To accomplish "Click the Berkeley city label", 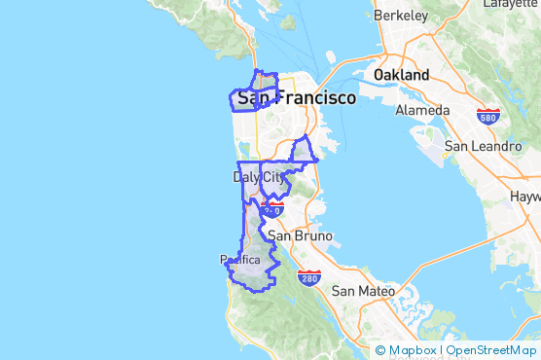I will (401, 16).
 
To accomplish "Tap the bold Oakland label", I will (401, 75).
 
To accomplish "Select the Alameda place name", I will (422, 110).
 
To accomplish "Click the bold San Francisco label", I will (296, 98).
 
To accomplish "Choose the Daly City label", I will (261, 177).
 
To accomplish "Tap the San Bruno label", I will (301, 235).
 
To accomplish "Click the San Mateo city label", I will (363, 291).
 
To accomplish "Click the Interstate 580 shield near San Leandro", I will (488, 117).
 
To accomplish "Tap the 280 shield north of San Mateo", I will (309, 279).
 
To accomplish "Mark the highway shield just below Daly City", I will (272, 209).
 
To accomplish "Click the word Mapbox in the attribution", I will (412, 350).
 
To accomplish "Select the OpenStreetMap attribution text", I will (490, 350).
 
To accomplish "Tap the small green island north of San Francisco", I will (287, 21).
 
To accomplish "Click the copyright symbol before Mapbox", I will (380, 350).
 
